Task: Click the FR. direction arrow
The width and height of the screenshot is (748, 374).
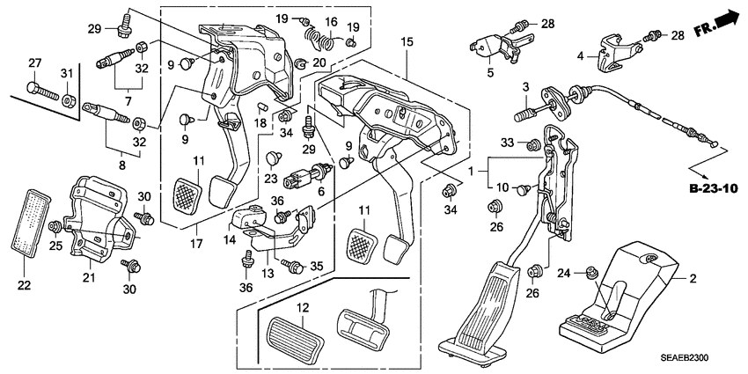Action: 724,18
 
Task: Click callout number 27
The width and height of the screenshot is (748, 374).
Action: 34,62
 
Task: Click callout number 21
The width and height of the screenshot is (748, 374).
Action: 87,279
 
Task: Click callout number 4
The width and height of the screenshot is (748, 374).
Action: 581,55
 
